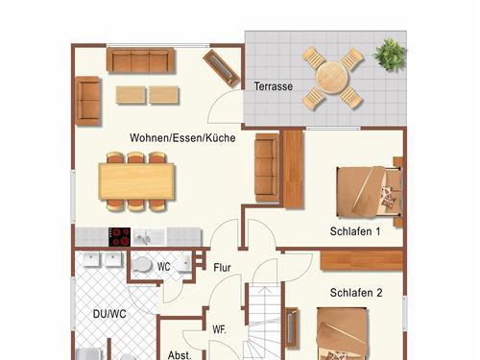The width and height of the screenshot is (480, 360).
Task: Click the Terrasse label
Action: click(x=274, y=86)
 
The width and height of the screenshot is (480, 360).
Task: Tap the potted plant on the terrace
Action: click(x=390, y=55)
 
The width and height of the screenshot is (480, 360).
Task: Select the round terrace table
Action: click(x=332, y=78)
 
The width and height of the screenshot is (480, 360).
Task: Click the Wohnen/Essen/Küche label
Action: click(x=182, y=137)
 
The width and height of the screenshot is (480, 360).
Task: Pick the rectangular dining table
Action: click(x=136, y=181)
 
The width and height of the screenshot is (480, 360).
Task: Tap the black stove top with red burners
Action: click(x=119, y=237)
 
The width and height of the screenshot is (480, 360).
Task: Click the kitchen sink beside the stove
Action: click(x=149, y=237)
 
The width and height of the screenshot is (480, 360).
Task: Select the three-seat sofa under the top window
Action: click(x=141, y=60)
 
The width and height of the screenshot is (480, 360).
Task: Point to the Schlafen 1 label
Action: click(x=355, y=231)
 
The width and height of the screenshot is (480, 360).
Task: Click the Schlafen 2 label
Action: click(x=356, y=293)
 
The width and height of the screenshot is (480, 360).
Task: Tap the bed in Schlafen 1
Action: click(x=370, y=192)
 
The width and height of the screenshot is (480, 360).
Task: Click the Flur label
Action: click(x=222, y=268)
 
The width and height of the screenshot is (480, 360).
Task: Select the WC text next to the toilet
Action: click(x=163, y=267)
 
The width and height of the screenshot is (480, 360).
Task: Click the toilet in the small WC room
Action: click(x=141, y=265)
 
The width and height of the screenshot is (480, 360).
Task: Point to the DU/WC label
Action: click(x=109, y=314)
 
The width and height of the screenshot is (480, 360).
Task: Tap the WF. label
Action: click(x=219, y=329)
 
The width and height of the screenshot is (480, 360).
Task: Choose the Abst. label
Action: click(x=180, y=355)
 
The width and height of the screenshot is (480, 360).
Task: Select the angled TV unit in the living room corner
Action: click(x=222, y=68)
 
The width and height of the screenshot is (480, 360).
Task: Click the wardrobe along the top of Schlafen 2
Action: click(x=362, y=260)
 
